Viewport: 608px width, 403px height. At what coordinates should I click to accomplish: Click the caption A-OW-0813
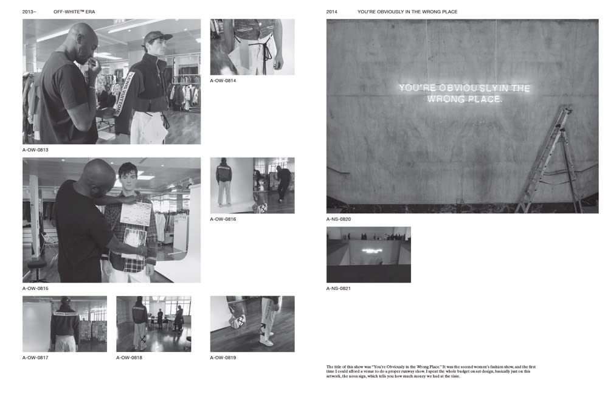[x=35, y=150]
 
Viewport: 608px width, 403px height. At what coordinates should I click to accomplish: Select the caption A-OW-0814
[x=223, y=80]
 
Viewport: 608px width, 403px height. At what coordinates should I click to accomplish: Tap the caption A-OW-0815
[x=35, y=288]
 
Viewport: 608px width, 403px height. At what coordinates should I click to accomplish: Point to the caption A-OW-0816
[x=223, y=219]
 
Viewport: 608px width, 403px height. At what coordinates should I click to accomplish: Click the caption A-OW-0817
[x=35, y=357]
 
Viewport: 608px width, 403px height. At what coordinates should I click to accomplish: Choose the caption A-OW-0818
[x=129, y=357]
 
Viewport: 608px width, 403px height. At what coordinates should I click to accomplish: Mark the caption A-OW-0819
[x=223, y=357]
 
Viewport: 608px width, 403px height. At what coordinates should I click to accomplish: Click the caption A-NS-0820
[x=339, y=219]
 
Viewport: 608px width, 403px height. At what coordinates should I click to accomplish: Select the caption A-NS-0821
[x=339, y=288]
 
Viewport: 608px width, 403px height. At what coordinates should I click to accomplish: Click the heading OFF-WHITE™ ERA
[x=74, y=12]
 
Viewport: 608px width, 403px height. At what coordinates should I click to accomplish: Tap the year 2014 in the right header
[x=331, y=12]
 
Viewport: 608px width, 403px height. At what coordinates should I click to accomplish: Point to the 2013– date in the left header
[x=29, y=12]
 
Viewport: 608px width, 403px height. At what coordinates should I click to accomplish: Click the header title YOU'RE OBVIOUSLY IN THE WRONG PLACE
[x=407, y=12]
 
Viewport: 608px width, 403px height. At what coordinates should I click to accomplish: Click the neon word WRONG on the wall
[x=446, y=98]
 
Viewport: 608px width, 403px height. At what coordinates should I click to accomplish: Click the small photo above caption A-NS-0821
[x=368, y=254]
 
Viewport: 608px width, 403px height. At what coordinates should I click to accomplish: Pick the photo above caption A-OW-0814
[x=252, y=47]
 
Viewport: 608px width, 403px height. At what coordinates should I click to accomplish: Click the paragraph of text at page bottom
[x=430, y=371]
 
